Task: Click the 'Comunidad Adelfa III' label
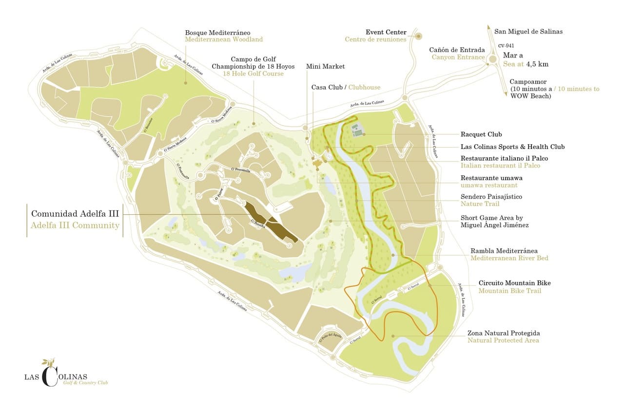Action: click(75, 214)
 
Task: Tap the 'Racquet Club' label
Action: click(481, 134)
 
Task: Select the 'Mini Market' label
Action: click(325, 66)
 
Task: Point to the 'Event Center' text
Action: click(386, 32)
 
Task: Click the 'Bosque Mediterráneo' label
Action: click(224, 32)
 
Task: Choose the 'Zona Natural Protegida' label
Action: click(504, 333)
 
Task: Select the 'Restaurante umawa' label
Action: click(491, 178)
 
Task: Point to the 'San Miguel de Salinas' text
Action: click(528, 32)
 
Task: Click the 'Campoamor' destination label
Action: click(528, 82)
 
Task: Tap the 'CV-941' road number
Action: click(506, 46)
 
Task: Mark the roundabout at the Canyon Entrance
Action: click(492, 59)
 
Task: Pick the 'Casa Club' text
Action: click(327, 87)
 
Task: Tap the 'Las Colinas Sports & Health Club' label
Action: click(512, 147)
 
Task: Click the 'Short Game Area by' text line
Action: click(491, 218)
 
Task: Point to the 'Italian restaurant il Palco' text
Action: click(500, 166)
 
